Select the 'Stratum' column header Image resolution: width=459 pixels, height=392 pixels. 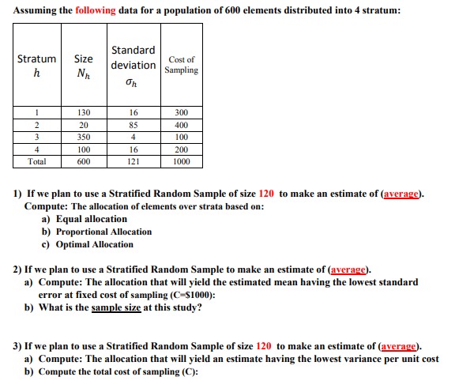pos(36,59)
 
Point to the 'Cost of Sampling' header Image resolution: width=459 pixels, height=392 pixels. pos(181,65)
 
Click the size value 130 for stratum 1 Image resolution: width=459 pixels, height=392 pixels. pos(83,113)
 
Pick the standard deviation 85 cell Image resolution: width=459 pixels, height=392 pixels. pos(134,125)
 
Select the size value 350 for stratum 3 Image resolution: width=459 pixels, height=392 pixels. pos(83,137)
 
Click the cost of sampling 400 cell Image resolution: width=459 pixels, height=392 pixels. pos(181,125)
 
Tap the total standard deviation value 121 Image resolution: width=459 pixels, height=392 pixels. pos(134,160)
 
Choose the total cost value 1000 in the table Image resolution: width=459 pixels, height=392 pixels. pos(181,160)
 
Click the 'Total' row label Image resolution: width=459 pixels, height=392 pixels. pos(36,160)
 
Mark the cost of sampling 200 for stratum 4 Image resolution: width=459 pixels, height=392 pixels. pos(181,149)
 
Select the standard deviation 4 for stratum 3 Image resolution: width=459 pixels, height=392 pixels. pos(134,137)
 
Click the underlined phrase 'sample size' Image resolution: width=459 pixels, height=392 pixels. pos(117,307)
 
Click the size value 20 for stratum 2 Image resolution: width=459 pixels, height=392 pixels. pos(83,125)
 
